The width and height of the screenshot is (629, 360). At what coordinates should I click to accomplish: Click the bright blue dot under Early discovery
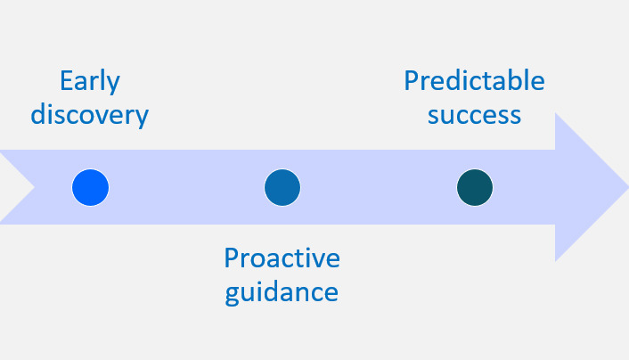(x=90, y=187)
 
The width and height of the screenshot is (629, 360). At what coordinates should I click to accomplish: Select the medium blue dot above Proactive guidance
(x=282, y=187)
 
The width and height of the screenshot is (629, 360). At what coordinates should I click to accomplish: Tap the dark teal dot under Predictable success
(x=475, y=187)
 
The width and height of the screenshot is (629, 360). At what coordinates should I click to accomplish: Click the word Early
(x=90, y=81)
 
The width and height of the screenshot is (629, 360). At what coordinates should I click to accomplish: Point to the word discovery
(x=90, y=114)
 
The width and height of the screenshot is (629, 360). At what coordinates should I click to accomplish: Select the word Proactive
(x=282, y=258)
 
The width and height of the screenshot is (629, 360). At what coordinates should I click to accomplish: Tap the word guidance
(x=282, y=292)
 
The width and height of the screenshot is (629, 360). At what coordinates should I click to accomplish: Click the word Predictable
(x=474, y=80)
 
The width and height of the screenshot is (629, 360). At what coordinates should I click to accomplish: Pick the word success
(x=474, y=116)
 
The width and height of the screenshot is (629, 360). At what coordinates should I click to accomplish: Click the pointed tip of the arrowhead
(x=628, y=187)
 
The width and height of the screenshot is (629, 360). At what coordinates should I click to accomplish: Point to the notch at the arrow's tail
(x=35, y=187)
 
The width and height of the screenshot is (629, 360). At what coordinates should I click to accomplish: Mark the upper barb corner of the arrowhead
(x=556, y=113)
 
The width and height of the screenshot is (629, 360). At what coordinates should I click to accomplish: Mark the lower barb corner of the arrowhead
(x=556, y=261)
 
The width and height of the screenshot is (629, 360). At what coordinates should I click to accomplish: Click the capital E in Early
(x=66, y=81)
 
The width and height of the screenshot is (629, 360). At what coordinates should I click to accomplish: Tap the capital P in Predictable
(x=412, y=81)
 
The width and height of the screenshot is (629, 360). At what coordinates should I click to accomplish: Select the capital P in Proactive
(x=232, y=258)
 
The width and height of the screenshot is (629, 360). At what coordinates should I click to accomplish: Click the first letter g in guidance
(x=233, y=295)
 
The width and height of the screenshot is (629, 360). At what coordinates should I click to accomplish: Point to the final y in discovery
(x=142, y=119)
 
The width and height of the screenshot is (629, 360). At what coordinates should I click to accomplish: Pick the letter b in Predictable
(x=517, y=80)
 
